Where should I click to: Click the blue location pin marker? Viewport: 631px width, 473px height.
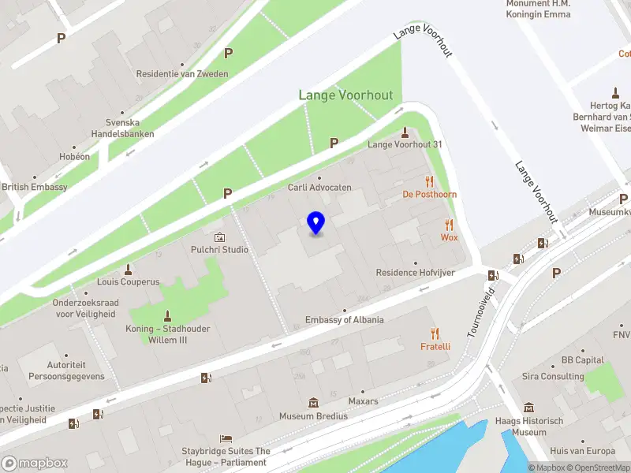(x=315, y=222)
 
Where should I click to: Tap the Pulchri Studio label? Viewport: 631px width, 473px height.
(x=219, y=250)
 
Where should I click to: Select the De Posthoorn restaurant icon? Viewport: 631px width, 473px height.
(x=430, y=181)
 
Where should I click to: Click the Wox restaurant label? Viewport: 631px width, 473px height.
(x=449, y=237)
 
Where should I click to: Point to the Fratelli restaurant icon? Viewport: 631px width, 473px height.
(x=435, y=333)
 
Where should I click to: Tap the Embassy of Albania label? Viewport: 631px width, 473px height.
(x=345, y=320)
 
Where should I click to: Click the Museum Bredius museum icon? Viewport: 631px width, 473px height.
(x=313, y=403)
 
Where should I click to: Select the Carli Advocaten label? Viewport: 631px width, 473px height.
(x=319, y=188)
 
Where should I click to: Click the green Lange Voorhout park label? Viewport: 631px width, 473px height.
(x=345, y=95)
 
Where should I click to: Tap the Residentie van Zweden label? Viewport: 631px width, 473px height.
(x=182, y=74)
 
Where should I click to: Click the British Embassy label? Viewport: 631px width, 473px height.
(x=35, y=187)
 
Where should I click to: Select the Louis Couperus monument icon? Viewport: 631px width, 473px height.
(x=128, y=269)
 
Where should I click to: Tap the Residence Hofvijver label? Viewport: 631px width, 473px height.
(x=416, y=273)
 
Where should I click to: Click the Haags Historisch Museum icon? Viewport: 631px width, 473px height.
(x=528, y=408)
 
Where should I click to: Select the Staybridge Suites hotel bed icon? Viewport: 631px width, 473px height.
(x=226, y=438)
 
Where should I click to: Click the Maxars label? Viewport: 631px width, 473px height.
(x=363, y=401)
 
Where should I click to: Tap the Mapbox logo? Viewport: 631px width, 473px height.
(x=34, y=464)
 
